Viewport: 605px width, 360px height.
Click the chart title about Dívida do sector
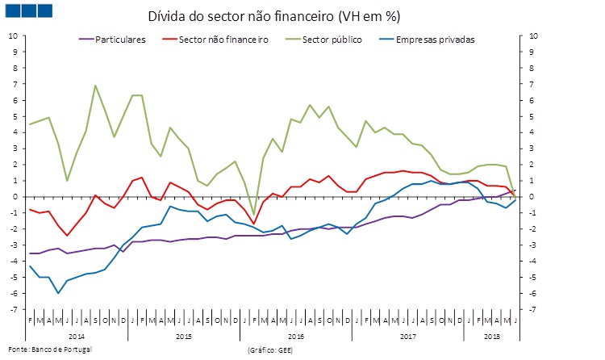274,16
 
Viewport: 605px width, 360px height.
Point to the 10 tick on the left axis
11,36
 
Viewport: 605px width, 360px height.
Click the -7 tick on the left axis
11,310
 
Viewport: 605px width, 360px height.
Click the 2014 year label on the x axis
77,334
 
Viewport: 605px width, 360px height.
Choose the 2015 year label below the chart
183,334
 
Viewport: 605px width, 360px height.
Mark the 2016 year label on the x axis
295,334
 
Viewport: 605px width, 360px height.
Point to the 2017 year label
407,334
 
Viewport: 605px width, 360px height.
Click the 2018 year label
491,334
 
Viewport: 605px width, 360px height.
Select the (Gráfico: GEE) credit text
271,350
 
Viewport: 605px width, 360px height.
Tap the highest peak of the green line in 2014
95,85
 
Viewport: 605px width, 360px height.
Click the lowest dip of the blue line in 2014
58,293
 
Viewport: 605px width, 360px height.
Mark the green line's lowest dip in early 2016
253,215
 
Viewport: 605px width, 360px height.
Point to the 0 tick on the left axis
13,197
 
